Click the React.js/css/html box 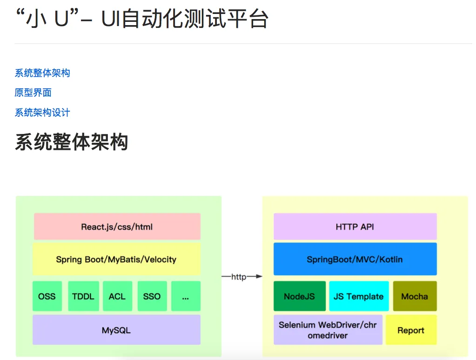[x=117, y=227]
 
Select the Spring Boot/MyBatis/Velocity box [x=116, y=259]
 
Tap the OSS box [x=47, y=296]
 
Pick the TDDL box [x=83, y=296]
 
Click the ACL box [x=117, y=296]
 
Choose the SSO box [x=152, y=296]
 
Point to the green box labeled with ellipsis [x=186, y=296]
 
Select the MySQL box [x=116, y=330]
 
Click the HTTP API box [x=355, y=227]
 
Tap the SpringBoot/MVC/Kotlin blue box [x=355, y=259]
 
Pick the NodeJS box [x=299, y=296]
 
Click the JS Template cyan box [x=359, y=296]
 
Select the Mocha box [x=415, y=296]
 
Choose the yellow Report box [x=411, y=330]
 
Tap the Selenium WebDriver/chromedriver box [x=328, y=330]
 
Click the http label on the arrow [x=239, y=277]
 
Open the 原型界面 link [x=33, y=93]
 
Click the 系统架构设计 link [x=42, y=113]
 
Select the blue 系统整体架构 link [x=42, y=73]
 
